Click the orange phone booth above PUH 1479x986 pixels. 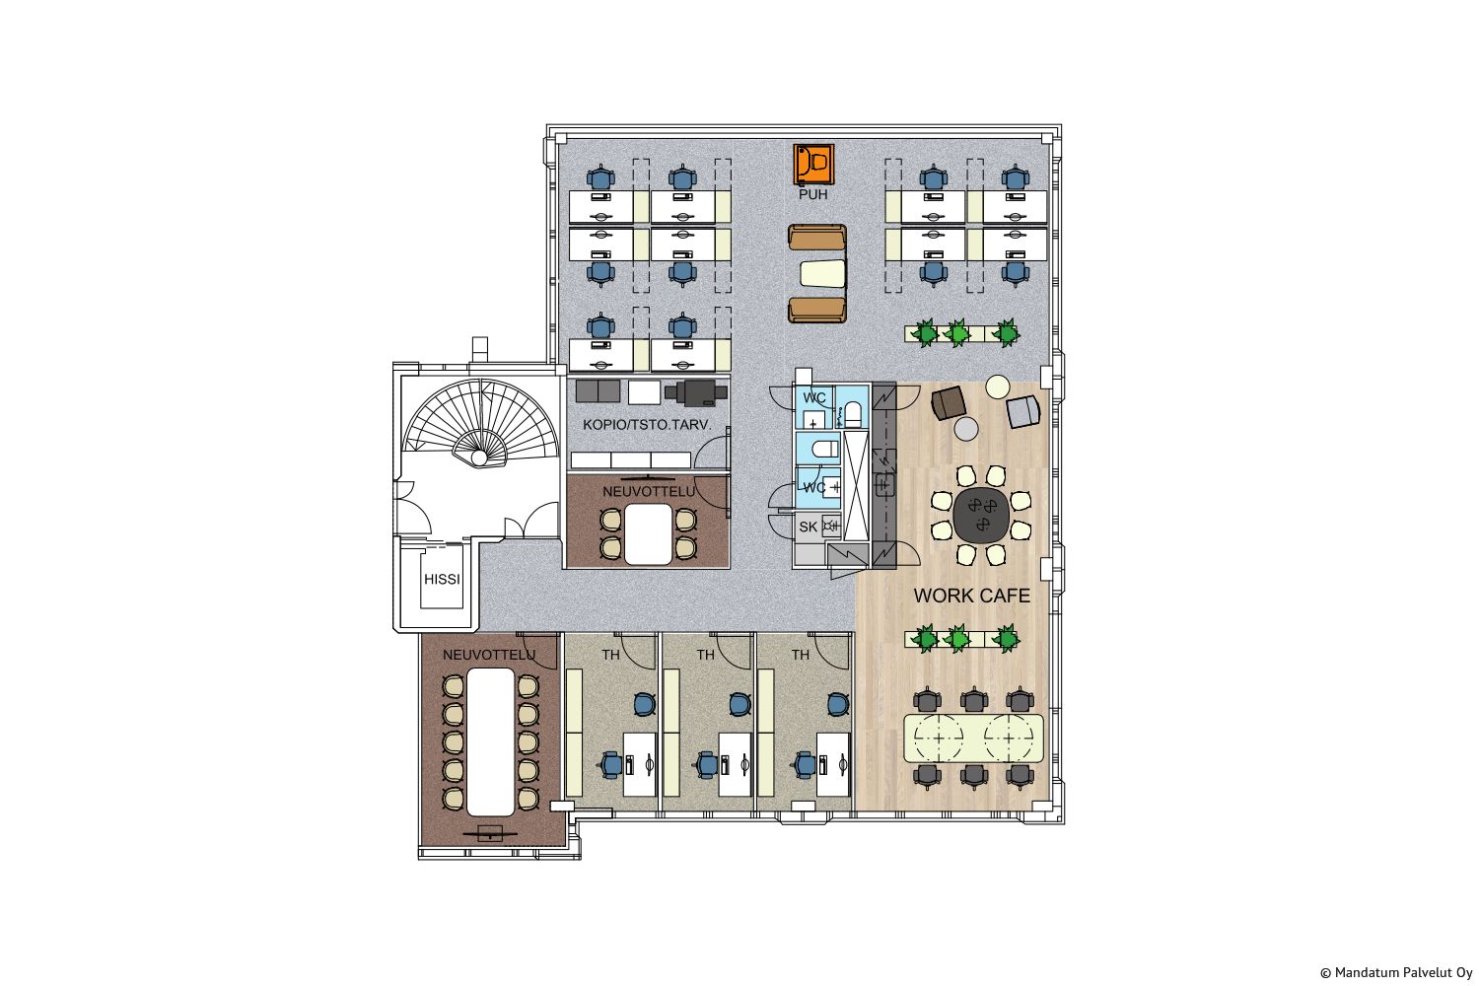(813, 164)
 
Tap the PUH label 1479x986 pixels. (812, 195)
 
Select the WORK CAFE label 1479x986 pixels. (971, 596)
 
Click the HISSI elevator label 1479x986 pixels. (442, 579)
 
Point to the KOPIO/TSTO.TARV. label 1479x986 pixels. (647, 425)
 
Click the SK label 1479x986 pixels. (809, 527)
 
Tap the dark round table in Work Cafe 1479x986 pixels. (981, 515)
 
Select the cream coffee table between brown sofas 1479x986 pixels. (822, 273)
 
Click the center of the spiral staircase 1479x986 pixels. (479, 457)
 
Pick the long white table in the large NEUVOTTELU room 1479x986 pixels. (491, 741)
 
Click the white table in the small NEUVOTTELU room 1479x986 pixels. (649, 534)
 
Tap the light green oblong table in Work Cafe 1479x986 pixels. (973, 738)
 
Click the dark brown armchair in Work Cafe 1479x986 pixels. (949, 403)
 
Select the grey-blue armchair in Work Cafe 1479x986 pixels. (1022, 411)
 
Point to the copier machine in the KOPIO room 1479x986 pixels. (696, 392)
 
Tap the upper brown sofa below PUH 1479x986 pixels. (816, 237)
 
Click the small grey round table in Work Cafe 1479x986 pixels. (966, 429)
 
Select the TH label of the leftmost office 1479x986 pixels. (610, 655)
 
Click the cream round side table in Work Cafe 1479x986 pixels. (997, 387)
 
